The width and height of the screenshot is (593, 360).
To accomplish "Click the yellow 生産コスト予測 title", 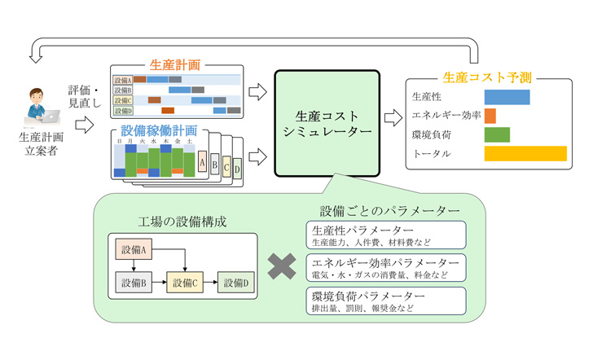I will (486, 78).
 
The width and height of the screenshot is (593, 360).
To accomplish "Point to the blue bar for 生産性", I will (507, 97).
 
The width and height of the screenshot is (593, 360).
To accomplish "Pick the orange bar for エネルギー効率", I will (490, 116).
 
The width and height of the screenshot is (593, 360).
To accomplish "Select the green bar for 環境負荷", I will (497, 134).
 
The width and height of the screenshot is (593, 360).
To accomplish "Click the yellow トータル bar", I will (525, 153).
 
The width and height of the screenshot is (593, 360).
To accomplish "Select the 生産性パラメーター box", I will (385, 235).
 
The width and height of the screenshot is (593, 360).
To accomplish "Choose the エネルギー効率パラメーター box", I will (385, 268).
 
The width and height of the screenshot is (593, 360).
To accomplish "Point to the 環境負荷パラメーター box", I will (385, 301).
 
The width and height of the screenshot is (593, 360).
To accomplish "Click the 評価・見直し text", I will (85, 96).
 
